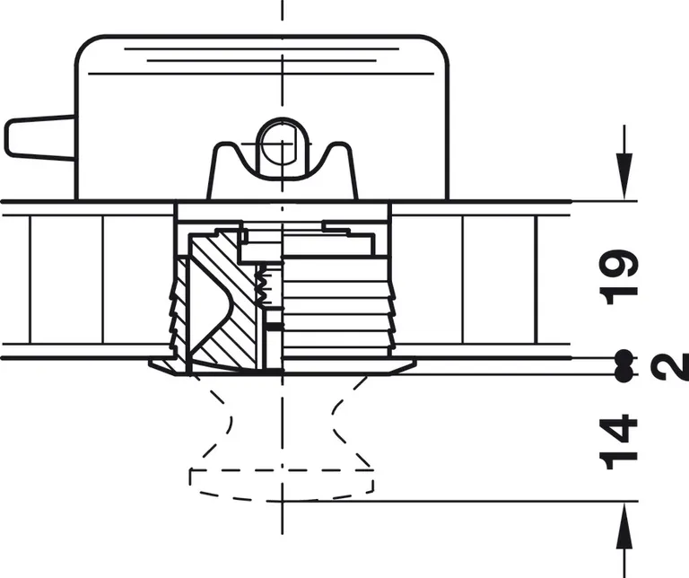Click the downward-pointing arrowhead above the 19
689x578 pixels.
point(624,176)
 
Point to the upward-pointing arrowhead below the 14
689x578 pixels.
point(624,526)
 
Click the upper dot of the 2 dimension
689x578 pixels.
point(624,357)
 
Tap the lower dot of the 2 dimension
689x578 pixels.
point(624,374)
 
